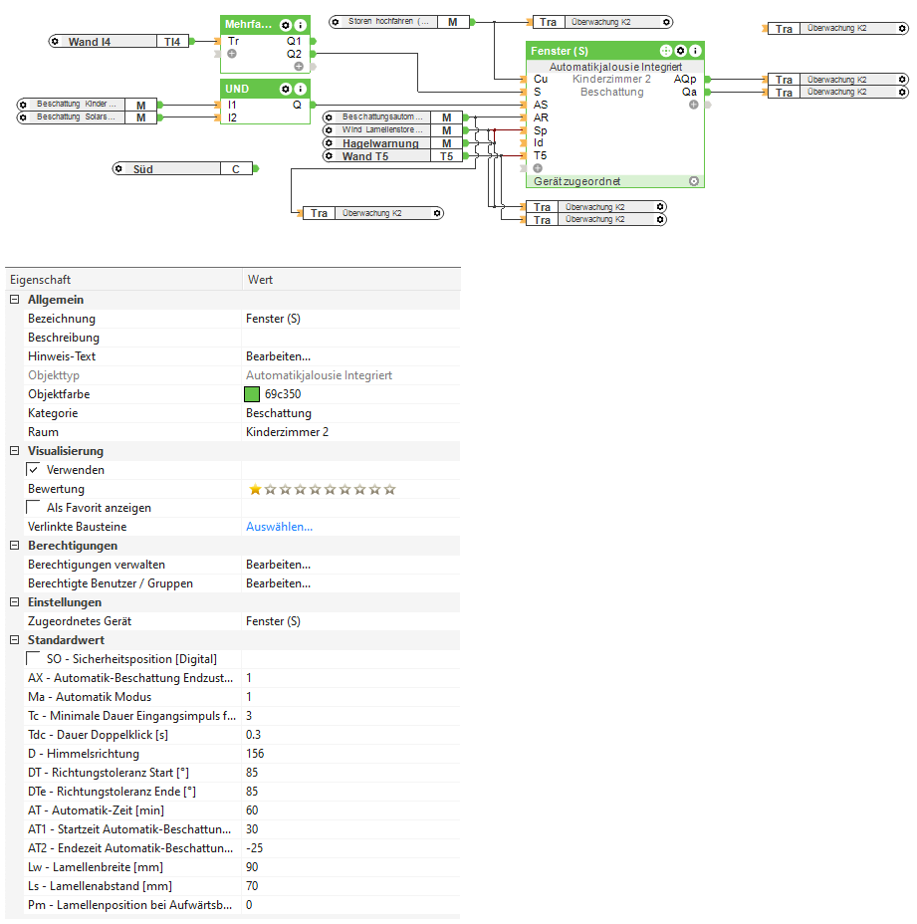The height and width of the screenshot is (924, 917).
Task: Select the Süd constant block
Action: point(182,169)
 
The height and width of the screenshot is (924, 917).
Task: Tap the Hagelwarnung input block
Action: point(392,143)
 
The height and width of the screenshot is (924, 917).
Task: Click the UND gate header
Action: point(265,89)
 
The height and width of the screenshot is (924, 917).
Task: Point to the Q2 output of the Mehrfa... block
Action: point(294,54)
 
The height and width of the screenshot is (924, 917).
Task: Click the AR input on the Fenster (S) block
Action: point(541,117)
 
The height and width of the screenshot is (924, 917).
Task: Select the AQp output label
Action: point(685,79)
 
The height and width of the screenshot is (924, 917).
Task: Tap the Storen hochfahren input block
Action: point(399,22)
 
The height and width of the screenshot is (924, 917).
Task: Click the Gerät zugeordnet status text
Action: point(576,181)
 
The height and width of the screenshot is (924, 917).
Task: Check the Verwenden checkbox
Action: point(34,470)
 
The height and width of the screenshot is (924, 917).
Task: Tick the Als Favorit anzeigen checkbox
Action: point(34,508)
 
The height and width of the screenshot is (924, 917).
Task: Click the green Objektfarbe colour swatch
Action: point(252,393)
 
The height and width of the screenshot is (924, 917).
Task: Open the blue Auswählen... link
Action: point(280,527)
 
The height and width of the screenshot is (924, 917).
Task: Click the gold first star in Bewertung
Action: point(255,489)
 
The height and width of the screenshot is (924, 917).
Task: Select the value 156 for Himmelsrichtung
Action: point(255,753)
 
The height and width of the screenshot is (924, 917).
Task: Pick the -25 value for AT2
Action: point(255,848)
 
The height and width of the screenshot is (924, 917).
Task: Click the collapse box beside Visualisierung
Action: point(15,451)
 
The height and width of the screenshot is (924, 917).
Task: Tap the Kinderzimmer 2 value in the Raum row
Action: point(287,432)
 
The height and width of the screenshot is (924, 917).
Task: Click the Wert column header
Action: point(260,280)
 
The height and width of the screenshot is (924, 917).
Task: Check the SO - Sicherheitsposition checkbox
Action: point(34,659)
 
